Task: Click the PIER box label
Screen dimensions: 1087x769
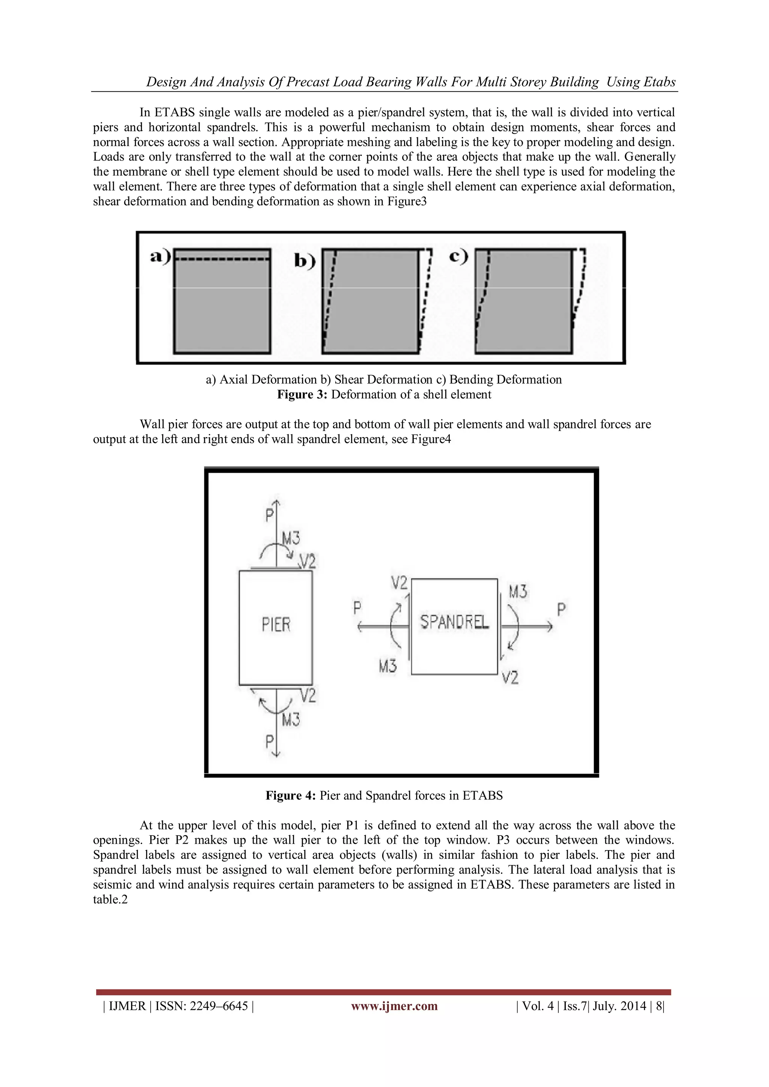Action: (x=276, y=625)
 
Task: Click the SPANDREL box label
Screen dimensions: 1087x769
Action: (x=454, y=622)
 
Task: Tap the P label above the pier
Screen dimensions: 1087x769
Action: (x=269, y=515)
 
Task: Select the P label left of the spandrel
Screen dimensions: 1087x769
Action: (x=357, y=608)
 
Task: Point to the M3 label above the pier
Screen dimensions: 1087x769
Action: (x=290, y=538)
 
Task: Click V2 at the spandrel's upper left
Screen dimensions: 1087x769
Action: (x=399, y=583)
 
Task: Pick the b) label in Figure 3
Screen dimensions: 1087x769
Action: (x=305, y=261)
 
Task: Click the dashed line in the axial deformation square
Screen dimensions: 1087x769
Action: (x=223, y=259)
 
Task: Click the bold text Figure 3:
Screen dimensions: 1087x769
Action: (x=302, y=394)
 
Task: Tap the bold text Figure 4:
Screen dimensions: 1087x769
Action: (x=290, y=795)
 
